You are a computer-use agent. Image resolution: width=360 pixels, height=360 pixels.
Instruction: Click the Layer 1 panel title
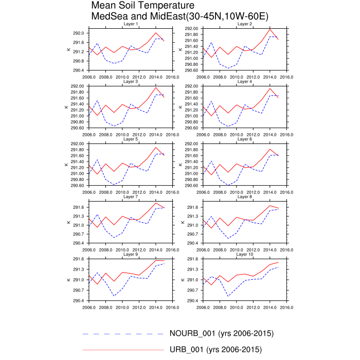(x=131, y=24)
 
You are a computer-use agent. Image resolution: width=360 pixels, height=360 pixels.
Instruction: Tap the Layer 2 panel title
(x=245, y=24)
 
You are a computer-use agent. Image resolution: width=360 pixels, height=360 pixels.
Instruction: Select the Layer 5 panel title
(x=131, y=139)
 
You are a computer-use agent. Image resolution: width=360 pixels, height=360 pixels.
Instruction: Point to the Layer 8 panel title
(x=245, y=196)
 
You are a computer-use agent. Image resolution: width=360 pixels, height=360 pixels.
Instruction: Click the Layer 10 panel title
(x=245, y=254)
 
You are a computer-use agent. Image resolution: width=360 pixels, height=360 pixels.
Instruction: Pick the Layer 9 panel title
(x=131, y=254)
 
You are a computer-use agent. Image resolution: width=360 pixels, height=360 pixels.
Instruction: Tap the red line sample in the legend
(x=123, y=350)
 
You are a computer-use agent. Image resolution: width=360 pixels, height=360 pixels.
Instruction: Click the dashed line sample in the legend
(x=123, y=334)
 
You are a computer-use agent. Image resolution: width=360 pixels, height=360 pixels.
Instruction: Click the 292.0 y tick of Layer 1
(x=78, y=32)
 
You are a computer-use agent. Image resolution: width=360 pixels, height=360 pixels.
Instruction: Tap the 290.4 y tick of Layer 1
(x=78, y=70)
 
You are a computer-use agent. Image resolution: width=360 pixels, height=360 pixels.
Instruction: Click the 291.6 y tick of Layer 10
(x=192, y=259)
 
